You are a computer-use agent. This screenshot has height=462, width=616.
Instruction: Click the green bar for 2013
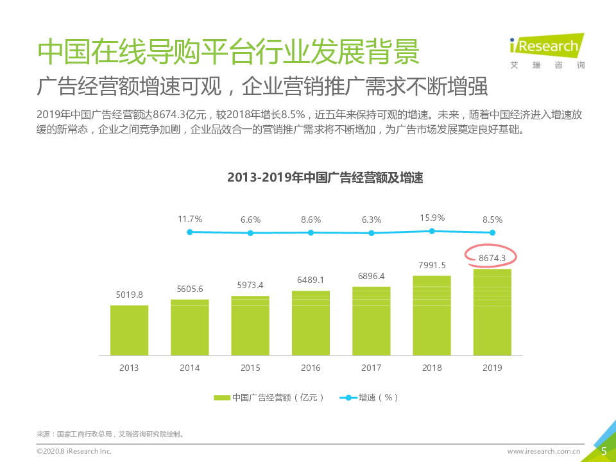pos(129,330)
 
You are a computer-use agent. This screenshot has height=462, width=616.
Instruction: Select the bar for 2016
pos(311,323)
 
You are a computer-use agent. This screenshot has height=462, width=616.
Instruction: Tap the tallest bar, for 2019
pos(492,312)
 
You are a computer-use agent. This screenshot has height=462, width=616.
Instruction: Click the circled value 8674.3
pos(492,258)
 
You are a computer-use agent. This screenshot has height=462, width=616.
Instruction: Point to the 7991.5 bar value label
pos(432,265)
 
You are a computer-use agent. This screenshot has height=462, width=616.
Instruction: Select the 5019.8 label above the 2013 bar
pos(129,295)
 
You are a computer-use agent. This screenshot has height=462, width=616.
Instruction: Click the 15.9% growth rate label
pos(432,218)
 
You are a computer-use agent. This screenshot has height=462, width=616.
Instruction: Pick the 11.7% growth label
pos(190,219)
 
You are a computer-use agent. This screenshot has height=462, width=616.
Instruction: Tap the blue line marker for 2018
pos(432,231)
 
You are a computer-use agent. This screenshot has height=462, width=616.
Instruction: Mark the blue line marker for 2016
pos(311,232)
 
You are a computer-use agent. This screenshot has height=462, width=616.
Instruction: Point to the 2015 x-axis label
pos(250,368)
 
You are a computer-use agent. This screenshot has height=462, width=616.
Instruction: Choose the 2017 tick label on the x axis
pos(372,368)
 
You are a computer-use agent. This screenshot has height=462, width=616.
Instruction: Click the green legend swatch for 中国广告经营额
pos(221,398)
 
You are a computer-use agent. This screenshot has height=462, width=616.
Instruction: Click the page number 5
pos(604,451)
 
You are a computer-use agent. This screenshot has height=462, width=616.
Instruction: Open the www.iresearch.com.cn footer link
pos(544,452)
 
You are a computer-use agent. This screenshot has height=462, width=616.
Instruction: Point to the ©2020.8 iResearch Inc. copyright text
pos(74,452)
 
